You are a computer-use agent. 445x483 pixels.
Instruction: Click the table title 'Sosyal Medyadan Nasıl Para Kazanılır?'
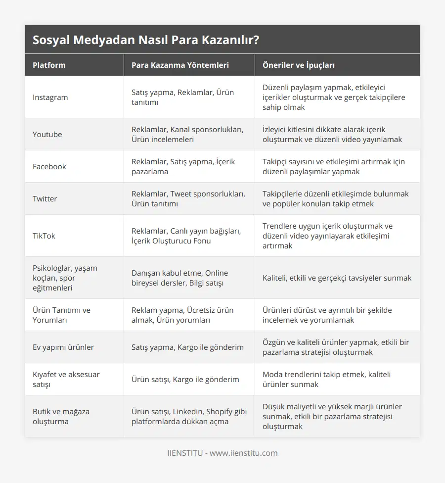coord(146,40)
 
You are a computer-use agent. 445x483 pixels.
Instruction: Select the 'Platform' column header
coord(49,65)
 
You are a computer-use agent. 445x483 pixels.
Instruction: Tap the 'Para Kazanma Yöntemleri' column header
coord(180,65)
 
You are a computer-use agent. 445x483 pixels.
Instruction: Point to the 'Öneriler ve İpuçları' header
coord(299,65)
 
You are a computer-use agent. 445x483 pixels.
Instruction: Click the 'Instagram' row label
coord(50,97)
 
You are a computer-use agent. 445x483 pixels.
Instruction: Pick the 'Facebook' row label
coord(49,166)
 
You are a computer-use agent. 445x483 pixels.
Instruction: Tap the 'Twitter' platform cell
coord(44,198)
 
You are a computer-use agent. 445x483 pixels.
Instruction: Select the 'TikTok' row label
coord(44,236)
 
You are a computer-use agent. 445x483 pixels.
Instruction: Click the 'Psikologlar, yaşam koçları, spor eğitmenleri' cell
coord(65,278)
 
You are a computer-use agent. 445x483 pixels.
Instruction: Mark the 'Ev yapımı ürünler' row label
coord(63,347)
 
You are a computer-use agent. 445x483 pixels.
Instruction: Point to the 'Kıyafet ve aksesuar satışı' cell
coord(66,379)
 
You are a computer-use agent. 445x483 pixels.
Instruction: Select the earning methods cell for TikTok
coord(186,236)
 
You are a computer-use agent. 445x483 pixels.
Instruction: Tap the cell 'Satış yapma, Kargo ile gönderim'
coord(187,347)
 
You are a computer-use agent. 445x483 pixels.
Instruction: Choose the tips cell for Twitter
coord(336,198)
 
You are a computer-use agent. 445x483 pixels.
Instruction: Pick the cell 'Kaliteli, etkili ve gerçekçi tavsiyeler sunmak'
coord(337,278)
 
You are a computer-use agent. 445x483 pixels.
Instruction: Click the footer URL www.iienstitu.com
coord(243,453)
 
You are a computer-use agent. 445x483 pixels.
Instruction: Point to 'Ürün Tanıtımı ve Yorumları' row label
coord(61,315)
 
